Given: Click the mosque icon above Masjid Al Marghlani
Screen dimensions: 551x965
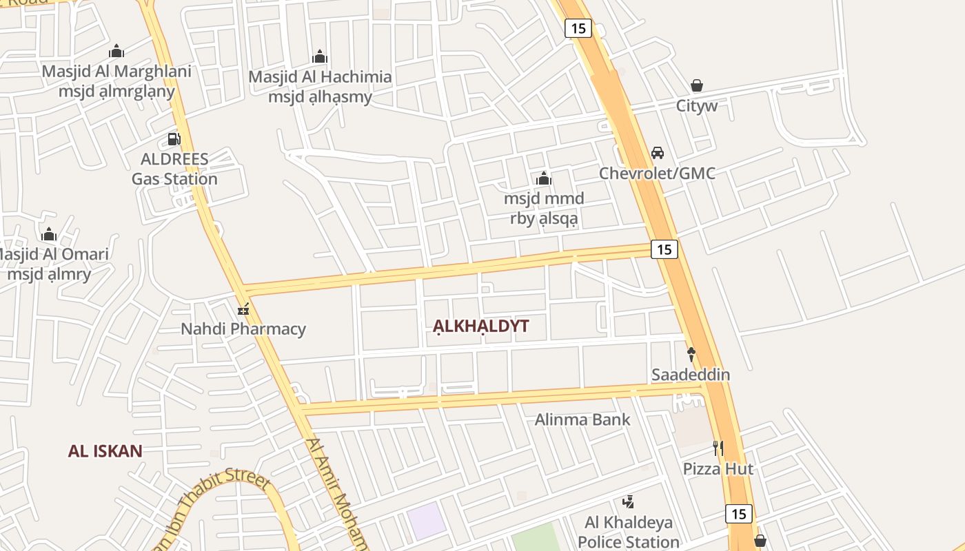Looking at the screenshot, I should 116,51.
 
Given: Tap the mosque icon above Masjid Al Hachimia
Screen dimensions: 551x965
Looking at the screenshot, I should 320,56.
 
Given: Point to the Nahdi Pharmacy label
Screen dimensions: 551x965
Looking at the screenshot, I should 243,329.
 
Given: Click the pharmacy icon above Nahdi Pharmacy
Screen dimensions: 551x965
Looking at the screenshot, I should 243,309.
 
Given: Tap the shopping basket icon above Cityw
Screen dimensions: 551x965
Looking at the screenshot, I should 697,85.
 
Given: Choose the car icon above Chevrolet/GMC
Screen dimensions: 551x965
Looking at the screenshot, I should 658,153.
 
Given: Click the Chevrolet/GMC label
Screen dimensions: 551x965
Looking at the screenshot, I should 657,173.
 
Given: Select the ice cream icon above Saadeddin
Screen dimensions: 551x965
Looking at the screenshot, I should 691,354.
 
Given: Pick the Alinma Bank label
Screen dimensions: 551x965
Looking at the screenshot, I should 582,419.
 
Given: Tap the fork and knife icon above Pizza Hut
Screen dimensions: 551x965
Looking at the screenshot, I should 718,448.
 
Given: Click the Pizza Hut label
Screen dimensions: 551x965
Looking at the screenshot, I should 718,469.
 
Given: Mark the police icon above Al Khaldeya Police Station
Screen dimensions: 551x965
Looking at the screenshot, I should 628,502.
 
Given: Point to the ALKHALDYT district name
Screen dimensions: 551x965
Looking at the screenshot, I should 481,326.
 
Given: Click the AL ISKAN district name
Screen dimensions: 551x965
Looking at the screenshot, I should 105,451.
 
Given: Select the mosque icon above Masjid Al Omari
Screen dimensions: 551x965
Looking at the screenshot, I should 48,235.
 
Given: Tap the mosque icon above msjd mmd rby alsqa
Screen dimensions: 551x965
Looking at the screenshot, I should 544,179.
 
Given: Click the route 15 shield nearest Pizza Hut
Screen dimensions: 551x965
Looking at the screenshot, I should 738,514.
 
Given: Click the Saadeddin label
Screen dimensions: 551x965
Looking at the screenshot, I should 691,375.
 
